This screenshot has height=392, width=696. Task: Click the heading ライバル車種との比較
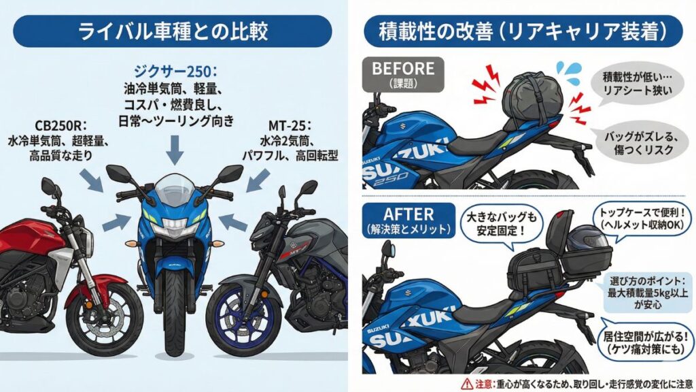[173, 31]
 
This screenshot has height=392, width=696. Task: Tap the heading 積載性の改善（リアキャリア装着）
[523, 31]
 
